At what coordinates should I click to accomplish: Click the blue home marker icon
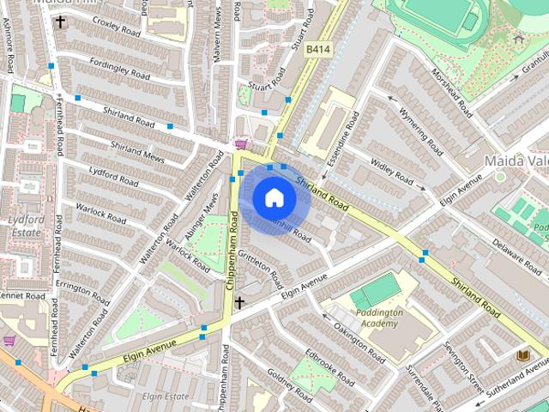point(274,198)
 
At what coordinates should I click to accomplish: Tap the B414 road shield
point(318,51)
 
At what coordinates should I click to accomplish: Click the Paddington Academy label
point(377,318)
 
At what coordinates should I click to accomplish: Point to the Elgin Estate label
point(166,397)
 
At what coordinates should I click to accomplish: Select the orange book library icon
point(522,354)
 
